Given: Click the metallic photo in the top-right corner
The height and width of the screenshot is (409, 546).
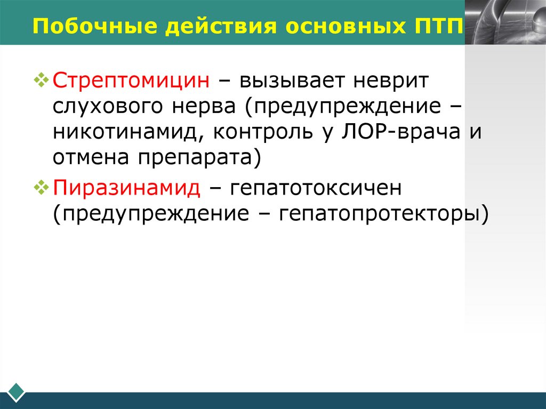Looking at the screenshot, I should pos(505,21).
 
